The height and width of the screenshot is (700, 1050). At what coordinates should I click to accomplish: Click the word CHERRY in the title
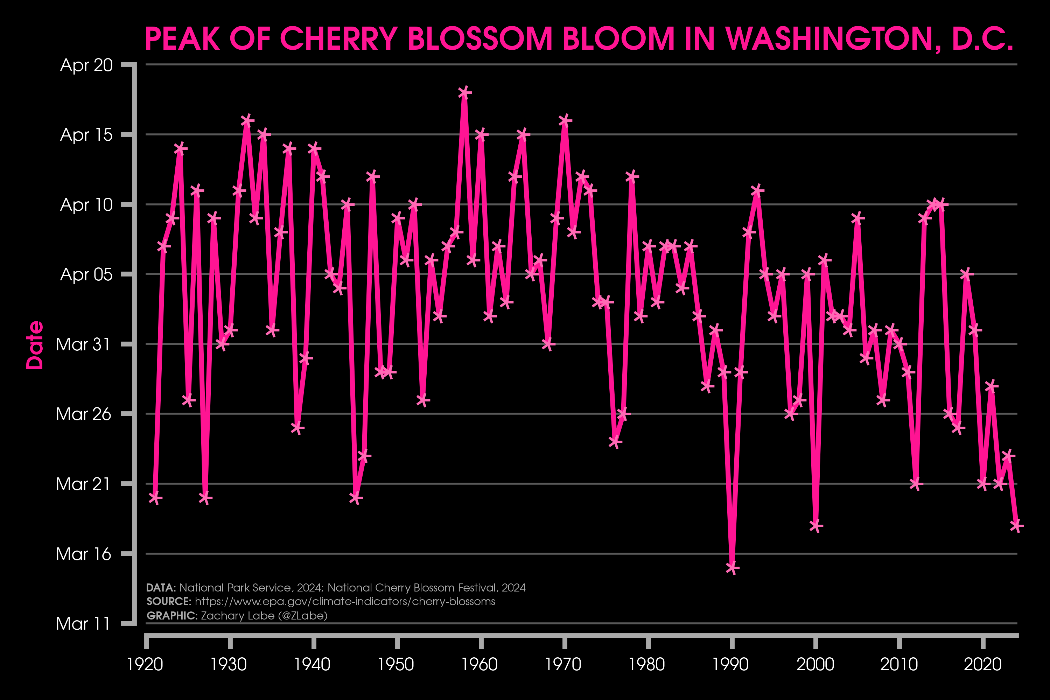click(338, 39)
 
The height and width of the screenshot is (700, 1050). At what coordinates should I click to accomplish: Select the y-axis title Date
click(35, 345)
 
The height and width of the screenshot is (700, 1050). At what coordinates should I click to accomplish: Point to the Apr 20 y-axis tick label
click(86, 65)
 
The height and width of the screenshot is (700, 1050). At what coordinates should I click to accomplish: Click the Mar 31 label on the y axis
click(83, 344)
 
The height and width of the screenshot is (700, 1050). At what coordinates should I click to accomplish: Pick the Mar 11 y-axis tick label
click(83, 623)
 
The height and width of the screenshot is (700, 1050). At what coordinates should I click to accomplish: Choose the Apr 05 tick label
click(86, 274)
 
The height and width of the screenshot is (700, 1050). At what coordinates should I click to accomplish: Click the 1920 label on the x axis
click(145, 664)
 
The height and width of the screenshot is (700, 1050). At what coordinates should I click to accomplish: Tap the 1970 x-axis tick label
click(563, 664)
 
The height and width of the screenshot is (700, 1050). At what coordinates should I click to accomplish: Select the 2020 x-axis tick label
click(982, 664)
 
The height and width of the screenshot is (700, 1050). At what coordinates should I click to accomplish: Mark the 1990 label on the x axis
click(730, 664)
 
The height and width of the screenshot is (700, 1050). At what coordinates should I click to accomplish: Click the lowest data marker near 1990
click(732, 568)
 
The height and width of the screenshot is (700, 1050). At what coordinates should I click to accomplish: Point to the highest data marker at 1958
click(464, 92)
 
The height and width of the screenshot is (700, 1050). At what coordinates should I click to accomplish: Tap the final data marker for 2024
click(1016, 526)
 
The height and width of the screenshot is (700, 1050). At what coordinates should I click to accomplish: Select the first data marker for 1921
click(155, 498)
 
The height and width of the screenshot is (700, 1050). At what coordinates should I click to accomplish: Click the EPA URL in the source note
click(345, 601)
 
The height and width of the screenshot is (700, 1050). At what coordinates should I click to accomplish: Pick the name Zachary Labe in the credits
click(238, 616)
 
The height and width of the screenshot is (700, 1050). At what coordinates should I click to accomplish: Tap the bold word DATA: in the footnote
click(161, 588)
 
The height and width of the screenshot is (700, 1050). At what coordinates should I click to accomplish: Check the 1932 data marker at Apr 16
click(247, 120)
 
